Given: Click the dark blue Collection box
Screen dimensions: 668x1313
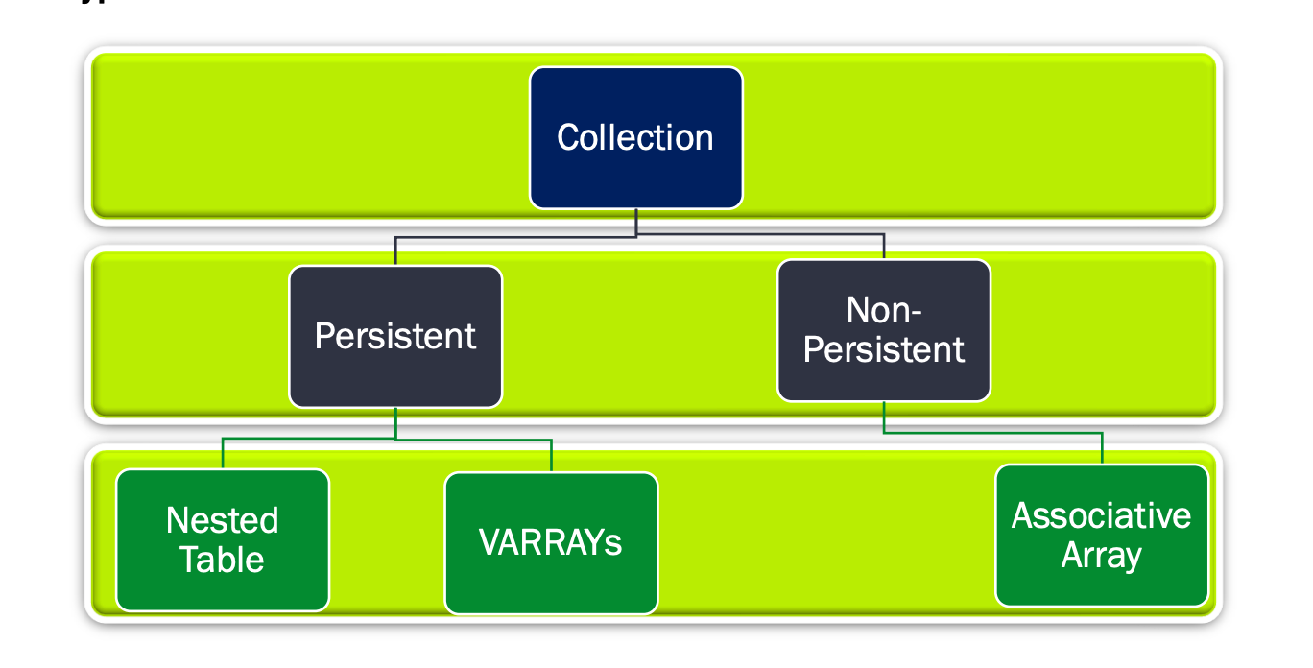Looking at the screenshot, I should [x=635, y=137].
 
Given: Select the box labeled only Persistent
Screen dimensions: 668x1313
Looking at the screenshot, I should [x=395, y=336].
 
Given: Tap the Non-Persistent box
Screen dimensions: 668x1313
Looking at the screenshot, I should [x=883, y=330].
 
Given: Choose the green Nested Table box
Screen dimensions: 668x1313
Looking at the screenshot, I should [x=223, y=539].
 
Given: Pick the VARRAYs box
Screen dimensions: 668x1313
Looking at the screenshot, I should [x=551, y=542].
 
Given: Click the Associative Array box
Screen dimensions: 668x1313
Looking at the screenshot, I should [x=1101, y=536].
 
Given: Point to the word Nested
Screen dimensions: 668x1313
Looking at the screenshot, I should [x=223, y=520].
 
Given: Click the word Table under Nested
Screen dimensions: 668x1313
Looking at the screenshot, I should [x=223, y=559].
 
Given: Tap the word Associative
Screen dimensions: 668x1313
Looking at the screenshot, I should [x=1101, y=516].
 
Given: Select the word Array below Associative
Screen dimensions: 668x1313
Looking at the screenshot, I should [x=1101, y=556].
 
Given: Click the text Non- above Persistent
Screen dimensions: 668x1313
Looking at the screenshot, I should [x=883, y=310].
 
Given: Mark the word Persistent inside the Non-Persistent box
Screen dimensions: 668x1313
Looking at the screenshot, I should [x=883, y=349].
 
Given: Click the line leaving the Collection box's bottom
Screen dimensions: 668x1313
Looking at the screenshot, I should [x=636, y=222].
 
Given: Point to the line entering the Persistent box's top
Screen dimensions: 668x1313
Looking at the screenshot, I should [x=395, y=251].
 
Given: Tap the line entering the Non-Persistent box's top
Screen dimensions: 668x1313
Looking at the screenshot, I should [x=884, y=248].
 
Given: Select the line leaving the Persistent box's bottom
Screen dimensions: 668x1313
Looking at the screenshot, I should [x=395, y=423].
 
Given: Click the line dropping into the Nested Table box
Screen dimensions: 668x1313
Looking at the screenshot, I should [x=223, y=454].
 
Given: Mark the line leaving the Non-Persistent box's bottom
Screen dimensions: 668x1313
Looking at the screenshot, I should [x=884, y=417].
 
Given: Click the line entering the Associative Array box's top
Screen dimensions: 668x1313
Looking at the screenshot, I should [x=1102, y=449].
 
